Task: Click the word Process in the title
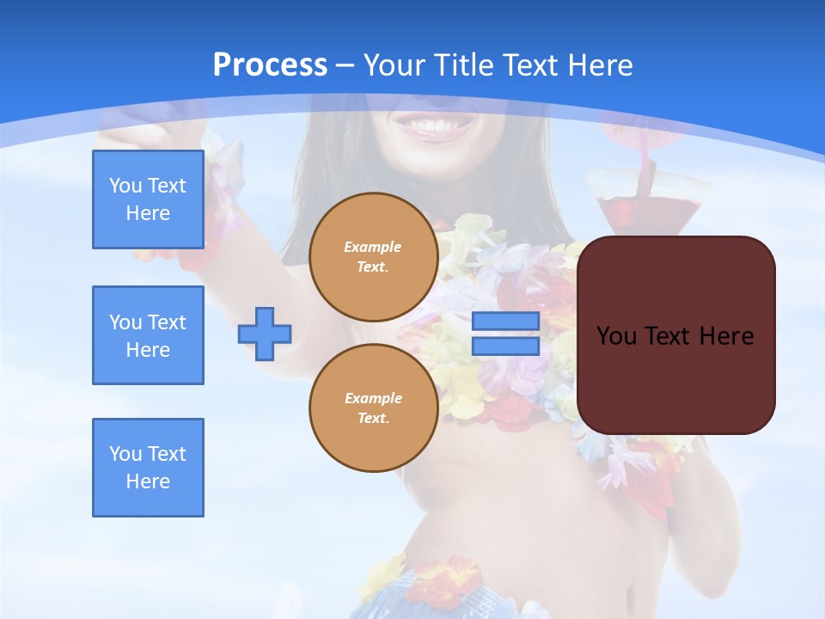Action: coord(270,65)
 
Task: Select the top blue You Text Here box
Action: coord(148,199)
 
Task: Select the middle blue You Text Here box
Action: coord(148,335)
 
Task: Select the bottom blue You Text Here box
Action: coord(148,468)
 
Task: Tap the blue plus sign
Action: coord(265,334)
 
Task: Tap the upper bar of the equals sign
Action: coord(505,322)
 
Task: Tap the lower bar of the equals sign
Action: coord(505,346)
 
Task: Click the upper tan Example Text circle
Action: coord(374,257)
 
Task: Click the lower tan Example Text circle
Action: coord(374,408)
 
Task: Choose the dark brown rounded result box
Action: coord(675,335)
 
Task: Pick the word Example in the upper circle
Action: coord(373,247)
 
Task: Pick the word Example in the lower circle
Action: coord(373,398)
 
